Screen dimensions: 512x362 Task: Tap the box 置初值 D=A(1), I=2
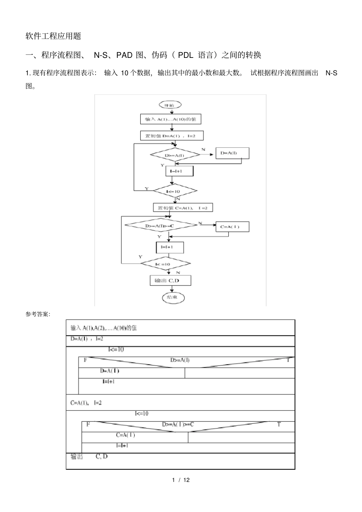tap(171, 136)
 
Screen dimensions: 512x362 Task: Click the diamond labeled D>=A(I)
tap(175, 155)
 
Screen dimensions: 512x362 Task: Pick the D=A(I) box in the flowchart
tap(232, 153)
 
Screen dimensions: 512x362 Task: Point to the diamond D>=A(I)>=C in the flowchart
tap(161, 225)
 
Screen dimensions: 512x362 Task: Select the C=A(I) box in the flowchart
tap(232, 227)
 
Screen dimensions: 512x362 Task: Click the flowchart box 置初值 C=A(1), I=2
tap(182, 208)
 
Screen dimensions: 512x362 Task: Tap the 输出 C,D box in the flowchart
tap(170, 281)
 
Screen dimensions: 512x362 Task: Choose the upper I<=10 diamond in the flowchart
tap(175, 191)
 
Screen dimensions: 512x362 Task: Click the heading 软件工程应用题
tap(53, 36)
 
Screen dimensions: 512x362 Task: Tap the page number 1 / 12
tap(181, 480)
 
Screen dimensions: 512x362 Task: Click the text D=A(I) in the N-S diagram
tap(110, 371)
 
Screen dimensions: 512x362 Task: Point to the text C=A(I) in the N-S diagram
tap(126, 435)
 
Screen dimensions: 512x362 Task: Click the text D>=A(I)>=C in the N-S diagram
tap(178, 424)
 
